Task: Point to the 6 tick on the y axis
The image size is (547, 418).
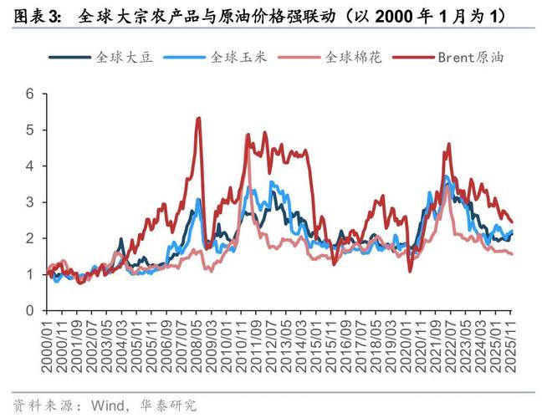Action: [30, 94]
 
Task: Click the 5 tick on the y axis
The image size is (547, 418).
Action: [30, 130]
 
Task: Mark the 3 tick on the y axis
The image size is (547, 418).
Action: [30, 202]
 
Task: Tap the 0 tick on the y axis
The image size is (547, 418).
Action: [30, 310]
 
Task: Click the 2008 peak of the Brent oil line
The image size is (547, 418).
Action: [198, 118]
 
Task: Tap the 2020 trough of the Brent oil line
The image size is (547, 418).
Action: [410, 271]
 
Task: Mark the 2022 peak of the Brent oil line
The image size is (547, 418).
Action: [449, 145]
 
